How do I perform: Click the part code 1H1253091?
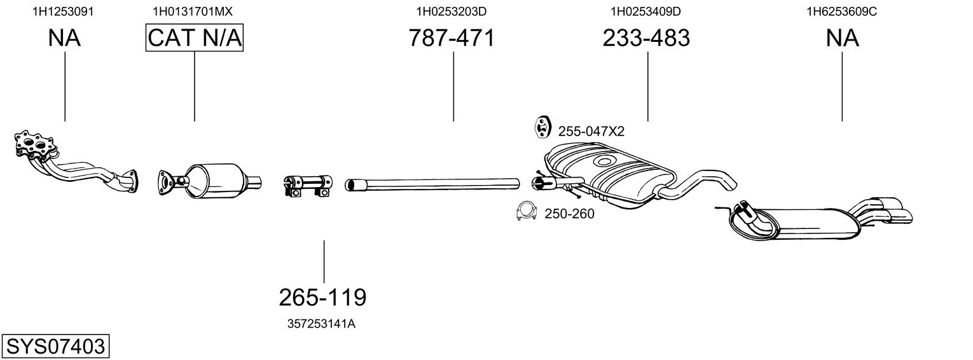click(63, 11)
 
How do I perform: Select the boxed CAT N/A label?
click(194, 38)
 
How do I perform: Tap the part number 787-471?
click(452, 38)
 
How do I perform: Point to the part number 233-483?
click(646, 38)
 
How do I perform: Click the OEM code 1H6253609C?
click(842, 11)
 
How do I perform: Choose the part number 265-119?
click(322, 298)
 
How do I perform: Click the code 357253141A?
click(321, 324)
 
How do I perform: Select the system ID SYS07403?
click(55, 347)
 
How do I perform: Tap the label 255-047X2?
click(591, 131)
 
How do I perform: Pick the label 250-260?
click(569, 214)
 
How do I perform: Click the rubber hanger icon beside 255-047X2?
click(542, 127)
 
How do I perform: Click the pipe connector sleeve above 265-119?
click(308, 186)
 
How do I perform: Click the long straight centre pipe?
click(432, 184)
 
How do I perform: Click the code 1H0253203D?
click(452, 11)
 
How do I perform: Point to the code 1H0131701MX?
click(193, 11)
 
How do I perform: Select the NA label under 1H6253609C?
click(842, 38)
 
